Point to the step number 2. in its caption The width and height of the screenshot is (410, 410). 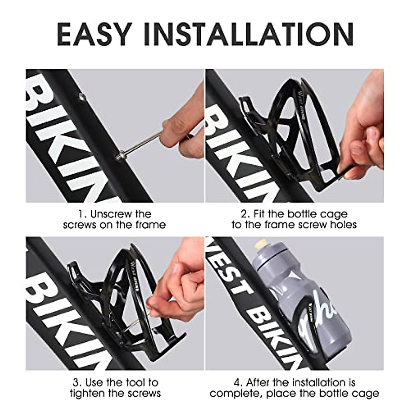tap(245, 214)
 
